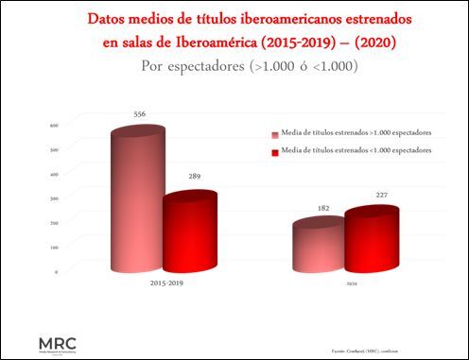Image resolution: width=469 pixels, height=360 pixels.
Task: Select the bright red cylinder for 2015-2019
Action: [188, 231]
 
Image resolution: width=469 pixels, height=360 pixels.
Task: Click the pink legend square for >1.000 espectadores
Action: [274, 133]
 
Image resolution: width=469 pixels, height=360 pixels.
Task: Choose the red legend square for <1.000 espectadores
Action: [274, 151]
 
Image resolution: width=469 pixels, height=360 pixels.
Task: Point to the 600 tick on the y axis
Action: [55, 125]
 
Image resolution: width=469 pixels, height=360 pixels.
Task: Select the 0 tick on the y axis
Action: [57, 272]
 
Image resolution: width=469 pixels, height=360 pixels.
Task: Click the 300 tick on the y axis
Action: [55, 198]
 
